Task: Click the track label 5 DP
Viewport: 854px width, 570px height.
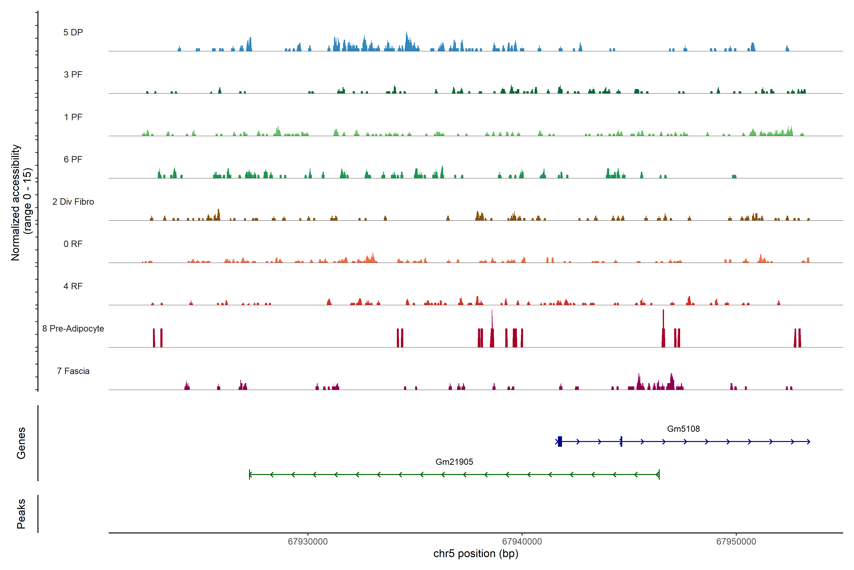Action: pyautogui.click(x=73, y=32)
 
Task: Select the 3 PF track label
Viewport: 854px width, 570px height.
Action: pyautogui.click(x=73, y=75)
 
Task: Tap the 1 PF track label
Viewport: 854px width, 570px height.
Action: pyautogui.click(x=73, y=117)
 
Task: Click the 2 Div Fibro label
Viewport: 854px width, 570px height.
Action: pyautogui.click(x=73, y=202)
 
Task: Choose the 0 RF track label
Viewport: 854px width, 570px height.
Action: pyautogui.click(x=73, y=244)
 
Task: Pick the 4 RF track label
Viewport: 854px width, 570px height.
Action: pyautogui.click(x=73, y=286)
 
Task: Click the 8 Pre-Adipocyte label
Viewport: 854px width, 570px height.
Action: pyautogui.click(x=73, y=329)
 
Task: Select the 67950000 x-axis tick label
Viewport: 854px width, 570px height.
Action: pyautogui.click(x=736, y=542)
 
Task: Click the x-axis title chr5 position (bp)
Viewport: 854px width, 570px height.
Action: pyautogui.click(x=476, y=554)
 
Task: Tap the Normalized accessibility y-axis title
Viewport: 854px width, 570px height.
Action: pyautogui.click(x=15, y=203)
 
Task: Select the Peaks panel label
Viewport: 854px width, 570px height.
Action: pyautogui.click(x=21, y=514)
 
